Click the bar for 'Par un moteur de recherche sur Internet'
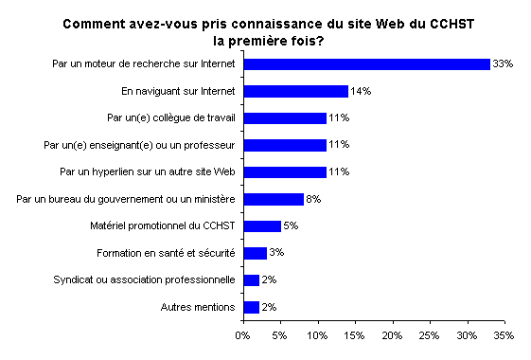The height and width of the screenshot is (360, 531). [366, 63]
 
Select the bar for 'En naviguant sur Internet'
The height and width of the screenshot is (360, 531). [295, 91]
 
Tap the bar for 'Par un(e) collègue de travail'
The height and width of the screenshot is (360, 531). [284, 118]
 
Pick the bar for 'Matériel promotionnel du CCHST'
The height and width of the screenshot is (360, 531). [262, 226]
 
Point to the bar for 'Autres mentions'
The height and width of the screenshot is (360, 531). [251, 307]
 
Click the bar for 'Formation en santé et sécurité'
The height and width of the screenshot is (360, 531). [255, 253]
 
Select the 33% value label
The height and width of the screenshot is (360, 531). [503, 64]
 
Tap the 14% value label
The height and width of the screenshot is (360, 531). [361, 92]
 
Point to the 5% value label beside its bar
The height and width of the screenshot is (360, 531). [292, 226]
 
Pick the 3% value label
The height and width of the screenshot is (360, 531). [277, 253]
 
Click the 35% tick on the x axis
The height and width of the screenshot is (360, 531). [504, 335]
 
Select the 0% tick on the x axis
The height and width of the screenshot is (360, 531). [243, 335]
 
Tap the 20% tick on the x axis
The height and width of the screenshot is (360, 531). [392, 335]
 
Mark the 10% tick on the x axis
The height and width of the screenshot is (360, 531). [317, 335]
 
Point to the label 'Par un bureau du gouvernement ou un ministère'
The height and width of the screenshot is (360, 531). [127, 200]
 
